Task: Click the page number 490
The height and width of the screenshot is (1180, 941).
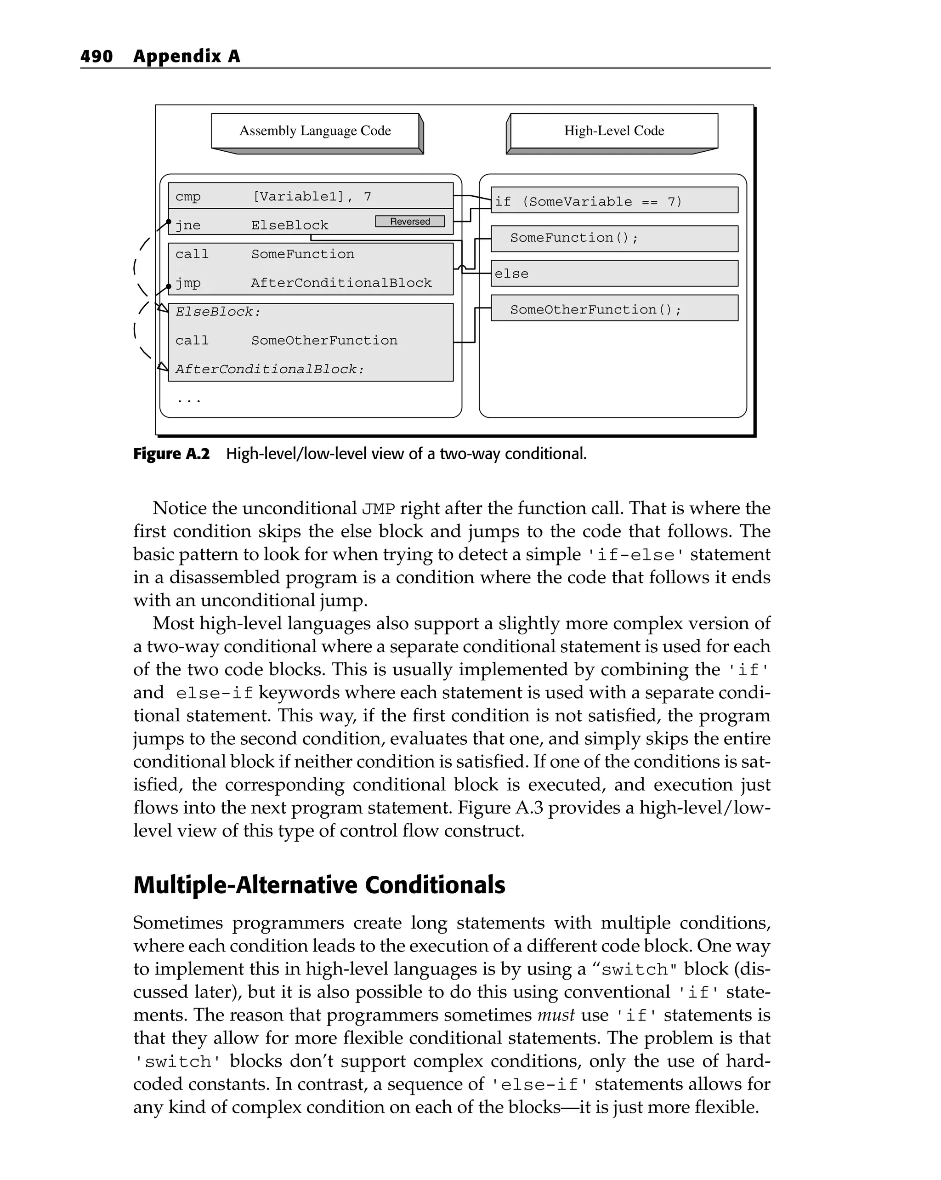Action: tap(96, 57)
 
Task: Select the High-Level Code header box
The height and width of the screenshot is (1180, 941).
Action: tap(613, 131)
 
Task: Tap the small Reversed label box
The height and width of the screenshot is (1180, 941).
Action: tap(410, 221)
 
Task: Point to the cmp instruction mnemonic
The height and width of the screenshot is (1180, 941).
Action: tap(187, 196)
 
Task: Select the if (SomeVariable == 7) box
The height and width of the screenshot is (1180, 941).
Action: tap(614, 201)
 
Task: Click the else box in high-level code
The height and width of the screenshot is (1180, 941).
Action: tap(614, 273)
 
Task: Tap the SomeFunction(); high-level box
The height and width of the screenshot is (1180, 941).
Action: tap(614, 238)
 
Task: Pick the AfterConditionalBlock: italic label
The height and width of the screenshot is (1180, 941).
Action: tap(269, 370)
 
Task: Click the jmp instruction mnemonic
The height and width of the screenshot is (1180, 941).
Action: tap(187, 283)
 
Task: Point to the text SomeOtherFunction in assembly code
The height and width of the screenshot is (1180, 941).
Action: tap(324, 341)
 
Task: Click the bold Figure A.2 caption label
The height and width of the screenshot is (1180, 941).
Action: tap(171, 454)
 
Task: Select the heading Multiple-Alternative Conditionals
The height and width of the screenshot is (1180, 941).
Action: tap(319, 885)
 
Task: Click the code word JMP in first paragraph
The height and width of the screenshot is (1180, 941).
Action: tap(378, 509)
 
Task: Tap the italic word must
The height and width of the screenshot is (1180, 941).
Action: tap(556, 1015)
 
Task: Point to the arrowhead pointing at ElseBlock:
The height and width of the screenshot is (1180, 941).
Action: tap(163, 308)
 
